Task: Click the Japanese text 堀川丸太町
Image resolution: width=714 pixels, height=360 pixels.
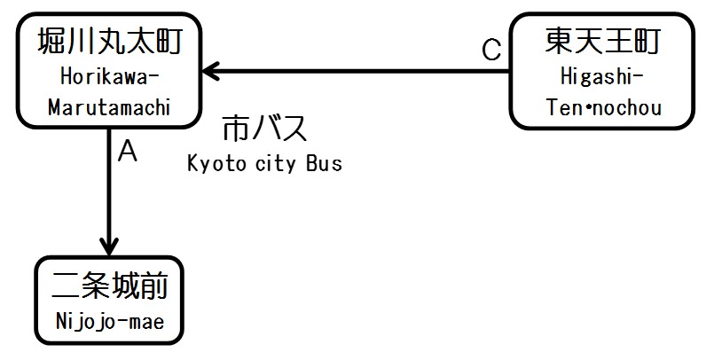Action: [x=109, y=43]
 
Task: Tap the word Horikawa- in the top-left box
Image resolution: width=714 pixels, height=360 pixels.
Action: [x=109, y=75]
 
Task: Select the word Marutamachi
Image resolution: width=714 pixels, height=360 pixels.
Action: [x=109, y=106]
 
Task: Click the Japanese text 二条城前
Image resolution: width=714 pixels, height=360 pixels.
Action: [x=109, y=288]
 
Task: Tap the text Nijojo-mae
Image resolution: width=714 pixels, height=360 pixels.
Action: [x=109, y=321]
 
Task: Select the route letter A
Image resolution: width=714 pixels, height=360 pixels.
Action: [x=128, y=153]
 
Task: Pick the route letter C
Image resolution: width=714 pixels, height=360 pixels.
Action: [x=491, y=51]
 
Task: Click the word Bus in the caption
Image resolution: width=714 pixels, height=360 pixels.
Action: [x=323, y=164]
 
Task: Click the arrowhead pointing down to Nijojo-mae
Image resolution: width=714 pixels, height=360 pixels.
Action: [x=109, y=244]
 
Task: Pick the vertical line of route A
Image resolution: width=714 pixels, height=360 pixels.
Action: [x=109, y=186]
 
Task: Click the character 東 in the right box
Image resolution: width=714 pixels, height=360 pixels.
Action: [x=559, y=43]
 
